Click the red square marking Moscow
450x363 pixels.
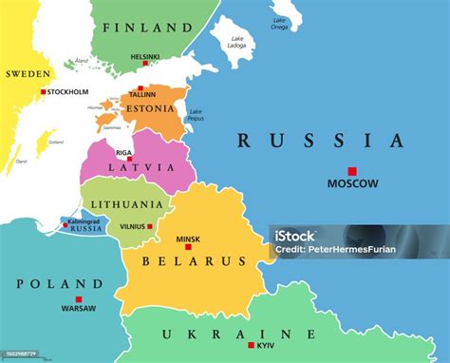click(351, 171)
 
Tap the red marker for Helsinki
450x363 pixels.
click(144, 64)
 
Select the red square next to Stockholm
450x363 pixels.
click(43, 92)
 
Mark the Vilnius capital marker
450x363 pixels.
click(149, 226)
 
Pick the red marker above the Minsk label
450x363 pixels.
click(188, 247)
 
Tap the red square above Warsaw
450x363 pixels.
click(78, 299)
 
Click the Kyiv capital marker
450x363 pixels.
click(252, 345)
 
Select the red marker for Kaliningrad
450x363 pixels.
click(66, 225)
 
